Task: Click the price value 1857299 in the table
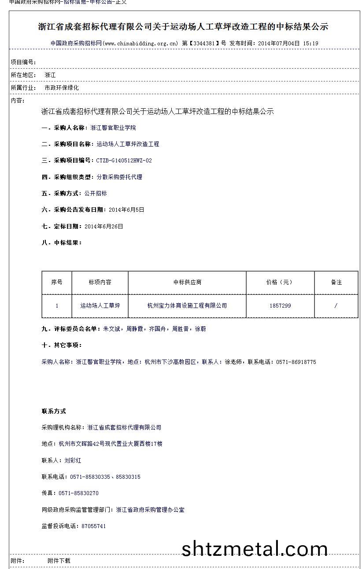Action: (280, 305)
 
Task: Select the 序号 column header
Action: (57, 282)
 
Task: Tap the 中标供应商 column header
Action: (187, 282)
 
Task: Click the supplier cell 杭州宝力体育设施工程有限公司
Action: (187, 305)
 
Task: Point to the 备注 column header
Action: (336, 282)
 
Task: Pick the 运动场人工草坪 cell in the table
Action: (100, 305)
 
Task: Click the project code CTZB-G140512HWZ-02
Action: (124, 161)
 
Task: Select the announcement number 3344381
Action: (203, 44)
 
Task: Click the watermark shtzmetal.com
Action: (255, 549)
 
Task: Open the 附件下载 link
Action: (59, 561)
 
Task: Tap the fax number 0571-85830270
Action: (78, 493)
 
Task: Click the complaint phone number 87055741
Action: (93, 526)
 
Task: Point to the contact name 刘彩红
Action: (73, 460)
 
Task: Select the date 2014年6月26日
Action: (103, 226)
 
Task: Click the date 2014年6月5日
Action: (126, 210)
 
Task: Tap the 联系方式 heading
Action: (54, 411)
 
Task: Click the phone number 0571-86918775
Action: (296, 362)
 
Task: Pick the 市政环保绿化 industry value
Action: (62, 88)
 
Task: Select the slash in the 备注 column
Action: (336, 305)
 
